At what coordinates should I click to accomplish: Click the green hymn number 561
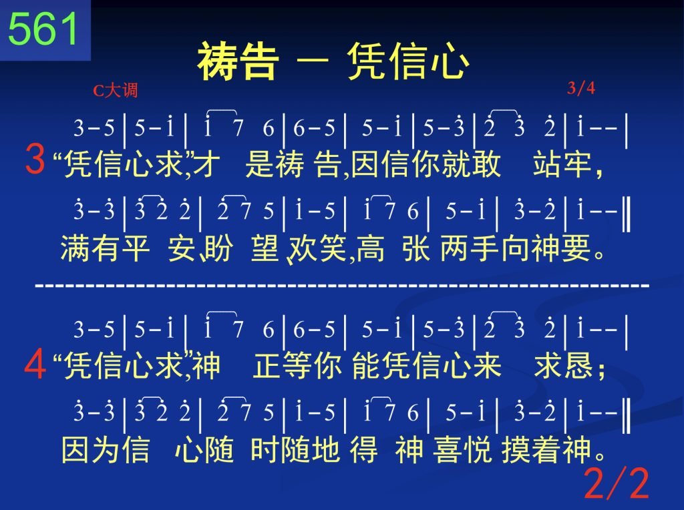click(x=43, y=29)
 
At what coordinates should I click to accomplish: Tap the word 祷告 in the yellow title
click(x=238, y=61)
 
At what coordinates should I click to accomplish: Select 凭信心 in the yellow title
click(x=408, y=61)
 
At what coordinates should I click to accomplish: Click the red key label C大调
click(x=115, y=90)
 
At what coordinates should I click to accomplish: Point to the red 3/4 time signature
click(x=581, y=88)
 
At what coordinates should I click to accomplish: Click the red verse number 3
click(x=35, y=159)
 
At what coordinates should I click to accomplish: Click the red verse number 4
click(x=35, y=364)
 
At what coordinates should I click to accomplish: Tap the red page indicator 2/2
click(x=617, y=483)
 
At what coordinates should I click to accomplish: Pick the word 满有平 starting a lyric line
click(x=105, y=248)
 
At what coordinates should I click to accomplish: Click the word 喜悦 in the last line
click(x=462, y=449)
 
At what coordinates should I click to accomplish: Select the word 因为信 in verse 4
click(x=106, y=449)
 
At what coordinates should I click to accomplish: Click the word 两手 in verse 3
click(x=470, y=248)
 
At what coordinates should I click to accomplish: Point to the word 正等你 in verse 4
click(x=297, y=365)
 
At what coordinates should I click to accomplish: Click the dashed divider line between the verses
click(x=343, y=286)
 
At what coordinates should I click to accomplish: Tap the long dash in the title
click(x=313, y=61)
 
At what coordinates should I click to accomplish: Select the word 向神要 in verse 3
click(x=546, y=248)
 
